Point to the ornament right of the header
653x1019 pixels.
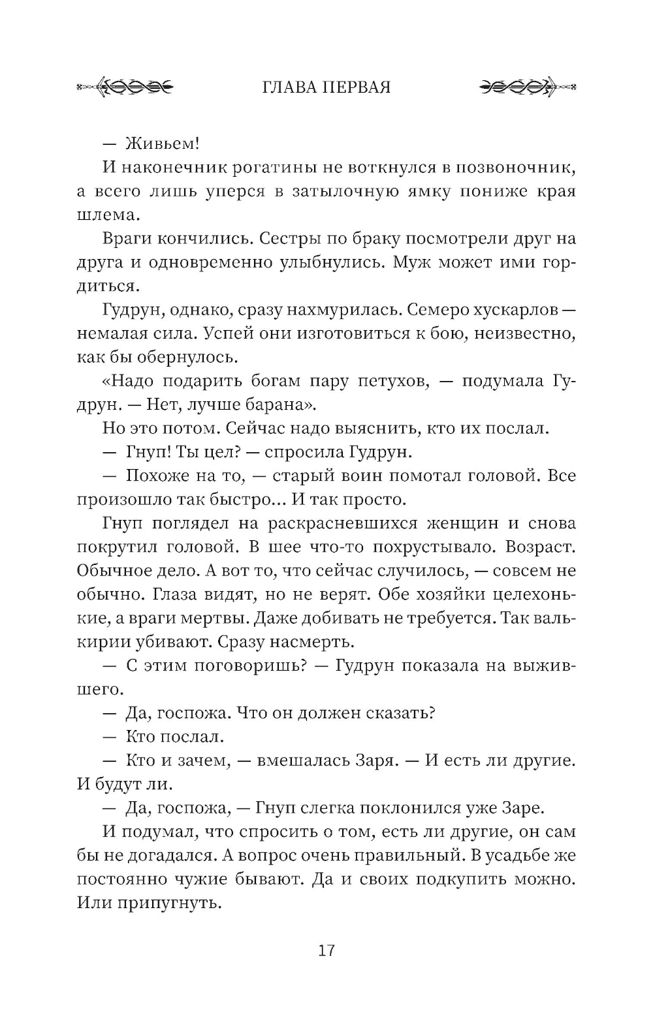(x=527, y=87)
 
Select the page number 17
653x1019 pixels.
(x=326, y=951)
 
